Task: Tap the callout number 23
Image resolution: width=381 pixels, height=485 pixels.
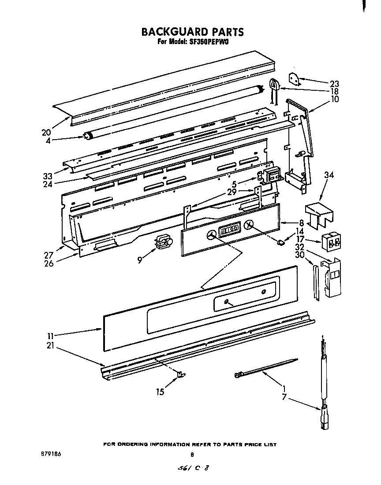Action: tap(334, 84)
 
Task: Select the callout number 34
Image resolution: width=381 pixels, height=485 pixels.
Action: tap(329, 175)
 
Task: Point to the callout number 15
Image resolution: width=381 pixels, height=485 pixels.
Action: tap(160, 392)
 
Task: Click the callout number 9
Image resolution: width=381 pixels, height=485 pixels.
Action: tap(140, 260)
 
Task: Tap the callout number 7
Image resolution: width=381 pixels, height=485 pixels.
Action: tap(285, 398)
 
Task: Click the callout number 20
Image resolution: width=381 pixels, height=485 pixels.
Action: tap(47, 132)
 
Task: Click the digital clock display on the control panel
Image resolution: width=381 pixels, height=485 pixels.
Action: tap(229, 229)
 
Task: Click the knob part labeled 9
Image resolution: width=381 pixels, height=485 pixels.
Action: tap(163, 242)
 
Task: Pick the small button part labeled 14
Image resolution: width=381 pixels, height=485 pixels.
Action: tap(280, 241)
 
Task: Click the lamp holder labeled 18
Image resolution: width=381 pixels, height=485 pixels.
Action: tap(275, 85)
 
